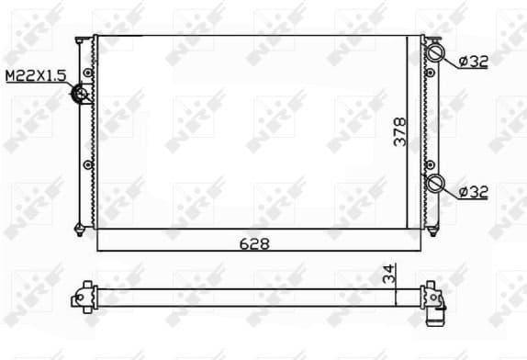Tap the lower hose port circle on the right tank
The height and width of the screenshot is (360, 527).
(435, 183)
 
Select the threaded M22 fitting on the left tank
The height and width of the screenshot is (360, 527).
(82, 93)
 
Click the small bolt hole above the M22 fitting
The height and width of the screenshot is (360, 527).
(87, 72)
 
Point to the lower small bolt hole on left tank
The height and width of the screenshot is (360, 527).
(87, 165)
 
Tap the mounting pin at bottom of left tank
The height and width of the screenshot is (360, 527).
(81, 227)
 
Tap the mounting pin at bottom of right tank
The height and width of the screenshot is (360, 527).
(432, 227)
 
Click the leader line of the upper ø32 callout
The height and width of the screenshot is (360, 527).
(451, 61)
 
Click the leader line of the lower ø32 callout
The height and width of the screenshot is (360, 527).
(451, 191)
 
